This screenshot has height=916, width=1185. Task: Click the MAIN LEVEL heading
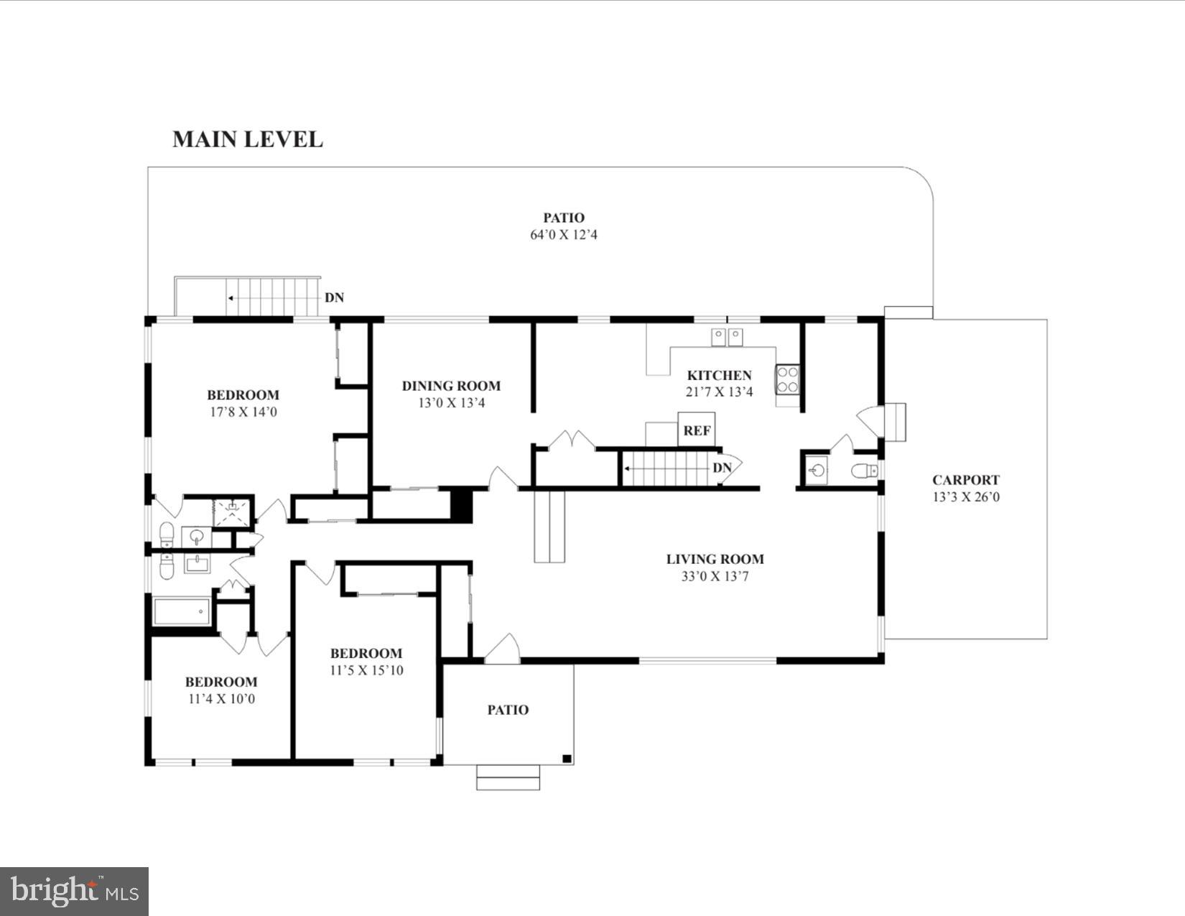248,139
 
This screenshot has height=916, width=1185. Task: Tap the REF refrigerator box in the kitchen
697,430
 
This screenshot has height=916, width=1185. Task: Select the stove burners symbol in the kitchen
788,379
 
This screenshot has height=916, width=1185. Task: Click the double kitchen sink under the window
727,336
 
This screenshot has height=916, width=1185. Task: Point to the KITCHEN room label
719,375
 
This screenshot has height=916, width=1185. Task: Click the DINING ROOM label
451,386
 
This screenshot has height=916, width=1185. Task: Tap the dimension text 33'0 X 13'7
715,576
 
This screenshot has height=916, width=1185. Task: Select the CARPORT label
965,480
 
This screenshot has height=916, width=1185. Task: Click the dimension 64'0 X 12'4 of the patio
563,235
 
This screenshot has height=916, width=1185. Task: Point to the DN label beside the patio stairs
334,297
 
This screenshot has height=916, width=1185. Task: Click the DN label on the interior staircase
722,468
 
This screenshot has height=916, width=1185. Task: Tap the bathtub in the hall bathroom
182,612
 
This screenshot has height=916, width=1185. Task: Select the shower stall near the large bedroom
233,510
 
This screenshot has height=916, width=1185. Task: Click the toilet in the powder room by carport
865,471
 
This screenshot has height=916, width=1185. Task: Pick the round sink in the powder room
817,471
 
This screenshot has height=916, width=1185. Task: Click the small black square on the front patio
566,758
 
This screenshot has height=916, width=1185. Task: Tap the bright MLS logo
74,892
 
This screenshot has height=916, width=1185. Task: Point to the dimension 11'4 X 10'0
221,699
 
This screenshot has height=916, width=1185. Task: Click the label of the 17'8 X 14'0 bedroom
243,394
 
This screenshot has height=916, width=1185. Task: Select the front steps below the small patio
508,777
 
